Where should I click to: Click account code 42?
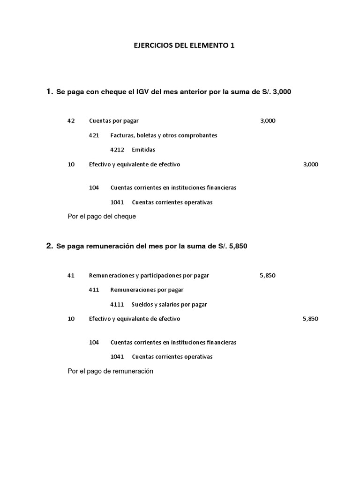click(71, 120)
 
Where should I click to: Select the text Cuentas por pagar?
click(114, 120)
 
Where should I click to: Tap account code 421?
click(94, 135)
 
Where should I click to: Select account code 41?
click(71, 275)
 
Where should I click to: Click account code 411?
click(94, 290)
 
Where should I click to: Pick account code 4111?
click(117, 304)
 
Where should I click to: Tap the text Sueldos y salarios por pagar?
click(169, 304)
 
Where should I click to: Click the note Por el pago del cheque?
click(102, 217)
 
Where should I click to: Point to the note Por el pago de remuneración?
click(111, 371)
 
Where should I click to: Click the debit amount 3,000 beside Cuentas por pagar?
click(268, 120)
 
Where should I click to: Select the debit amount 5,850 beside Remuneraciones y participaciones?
click(267, 275)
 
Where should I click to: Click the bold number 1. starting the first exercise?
click(49, 92)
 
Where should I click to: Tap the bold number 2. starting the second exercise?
click(49, 246)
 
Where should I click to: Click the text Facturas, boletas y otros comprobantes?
click(164, 135)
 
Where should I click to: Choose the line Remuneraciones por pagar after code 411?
click(147, 290)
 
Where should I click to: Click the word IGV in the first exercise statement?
click(143, 92)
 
